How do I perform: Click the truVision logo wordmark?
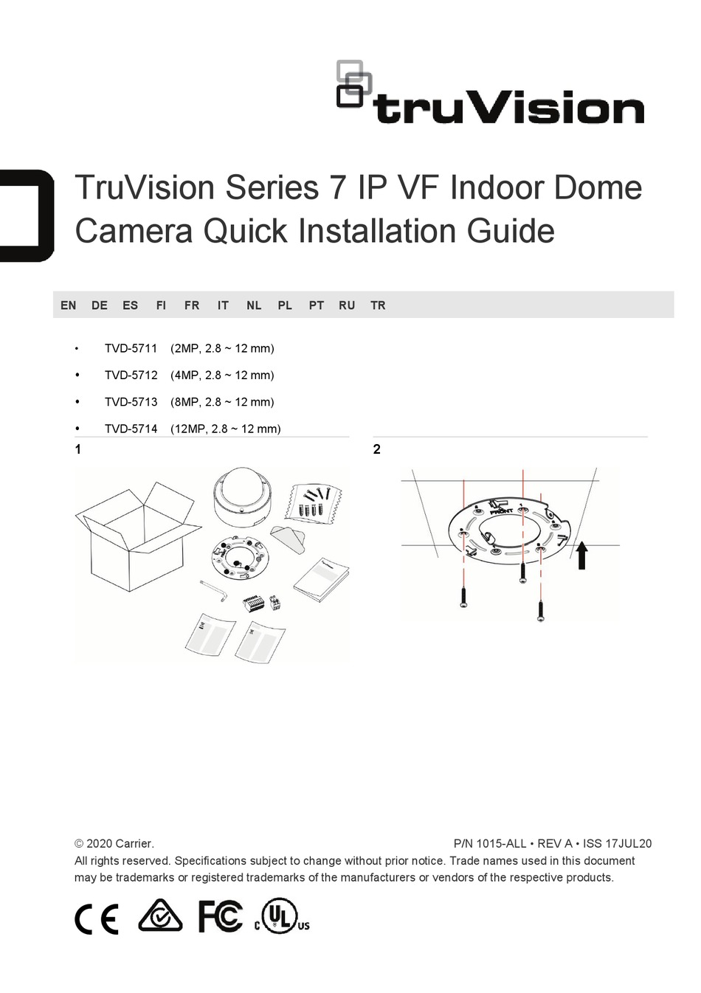pos(508,108)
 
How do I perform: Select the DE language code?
pos(100,305)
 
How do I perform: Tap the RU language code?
pos(347,305)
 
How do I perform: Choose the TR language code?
pos(379,305)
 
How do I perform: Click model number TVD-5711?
pos(131,348)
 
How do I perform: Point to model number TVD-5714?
pos(131,429)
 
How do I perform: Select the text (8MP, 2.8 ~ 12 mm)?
pos(222,402)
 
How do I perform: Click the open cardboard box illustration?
pos(138,536)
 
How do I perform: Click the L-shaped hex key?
pos(214,591)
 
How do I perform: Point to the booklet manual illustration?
pos(321,580)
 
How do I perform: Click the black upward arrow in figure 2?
pos(581,556)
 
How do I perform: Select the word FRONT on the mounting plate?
pos(502,511)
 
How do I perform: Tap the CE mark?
pos(96,918)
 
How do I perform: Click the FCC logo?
pos(221,916)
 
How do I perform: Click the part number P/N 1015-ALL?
pos(489,843)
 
